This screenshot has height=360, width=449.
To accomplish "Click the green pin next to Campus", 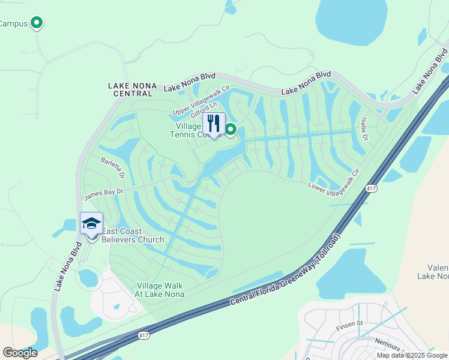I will [37, 23].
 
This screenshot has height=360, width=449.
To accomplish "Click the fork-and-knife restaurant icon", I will [213, 124].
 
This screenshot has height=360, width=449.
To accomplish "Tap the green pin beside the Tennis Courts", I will [230, 129].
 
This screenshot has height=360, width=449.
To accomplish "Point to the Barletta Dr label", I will [113, 168].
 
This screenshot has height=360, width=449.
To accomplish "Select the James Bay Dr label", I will [103, 193].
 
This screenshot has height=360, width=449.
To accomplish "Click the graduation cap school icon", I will [91, 224].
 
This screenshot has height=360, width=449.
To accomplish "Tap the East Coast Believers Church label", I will [132, 236].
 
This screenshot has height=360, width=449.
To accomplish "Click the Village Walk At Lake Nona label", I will [160, 290].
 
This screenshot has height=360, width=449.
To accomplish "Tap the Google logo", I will [20, 353].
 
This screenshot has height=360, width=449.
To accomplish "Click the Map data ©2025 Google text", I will [412, 355].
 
